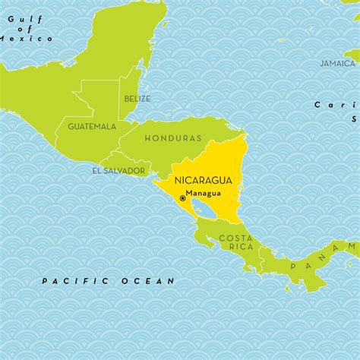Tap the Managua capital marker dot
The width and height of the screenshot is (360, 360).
(182, 198)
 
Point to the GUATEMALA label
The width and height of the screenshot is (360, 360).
(92, 125)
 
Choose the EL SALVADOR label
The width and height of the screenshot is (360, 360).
(118, 171)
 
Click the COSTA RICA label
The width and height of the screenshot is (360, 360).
(235, 242)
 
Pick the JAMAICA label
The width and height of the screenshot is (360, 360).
(337, 63)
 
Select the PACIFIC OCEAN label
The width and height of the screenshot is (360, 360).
(108, 281)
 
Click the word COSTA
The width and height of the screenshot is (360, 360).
(235, 238)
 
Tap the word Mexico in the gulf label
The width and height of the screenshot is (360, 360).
(27, 38)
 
